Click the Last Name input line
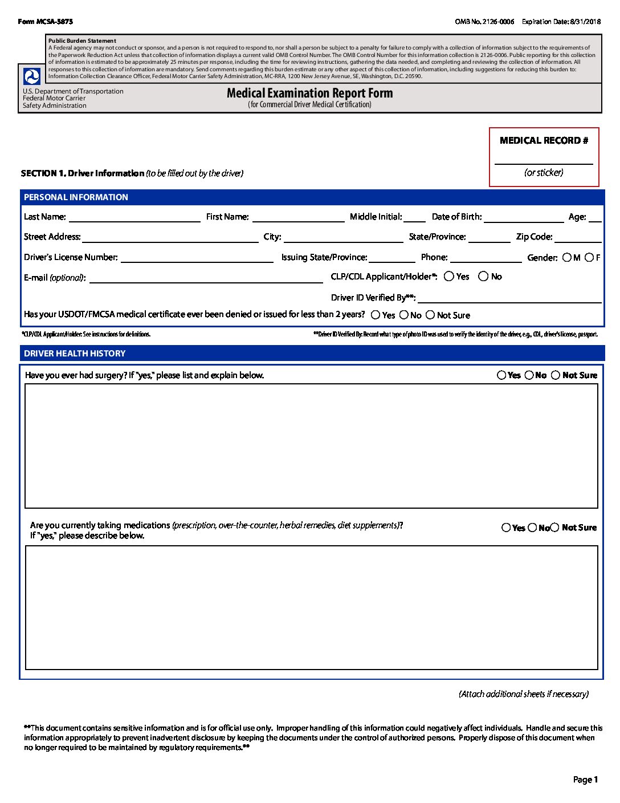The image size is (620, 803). [x=134, y=217]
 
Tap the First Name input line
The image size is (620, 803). [x=298, y=217]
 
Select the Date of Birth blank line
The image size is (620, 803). [x=523, y=217]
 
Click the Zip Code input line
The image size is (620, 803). [x=578, y=237]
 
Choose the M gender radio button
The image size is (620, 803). [x=566, y=258]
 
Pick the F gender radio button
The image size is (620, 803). [x=589, y=258]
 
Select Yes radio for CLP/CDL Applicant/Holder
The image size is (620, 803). [x=449, y=277]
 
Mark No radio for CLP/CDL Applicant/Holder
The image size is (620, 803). [x=483, y=277]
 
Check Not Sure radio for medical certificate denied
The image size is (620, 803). [x=430, y=315]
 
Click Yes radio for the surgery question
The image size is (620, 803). [x=501, y=375]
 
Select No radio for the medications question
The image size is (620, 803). [x=532, y=528]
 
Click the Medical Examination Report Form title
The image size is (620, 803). [x=309, y=93]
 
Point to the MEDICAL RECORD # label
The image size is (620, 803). [x=544, y=141]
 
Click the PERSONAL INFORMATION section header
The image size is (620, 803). [x=76, y=197]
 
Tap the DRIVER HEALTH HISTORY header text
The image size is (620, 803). [x=75, y=354]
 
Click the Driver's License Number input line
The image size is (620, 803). [x=197, y=258]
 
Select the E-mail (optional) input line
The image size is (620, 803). [x=206, y=278]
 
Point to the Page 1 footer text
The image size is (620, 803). [x=585, y=780]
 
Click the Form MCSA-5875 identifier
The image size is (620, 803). [x=46, y=22]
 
